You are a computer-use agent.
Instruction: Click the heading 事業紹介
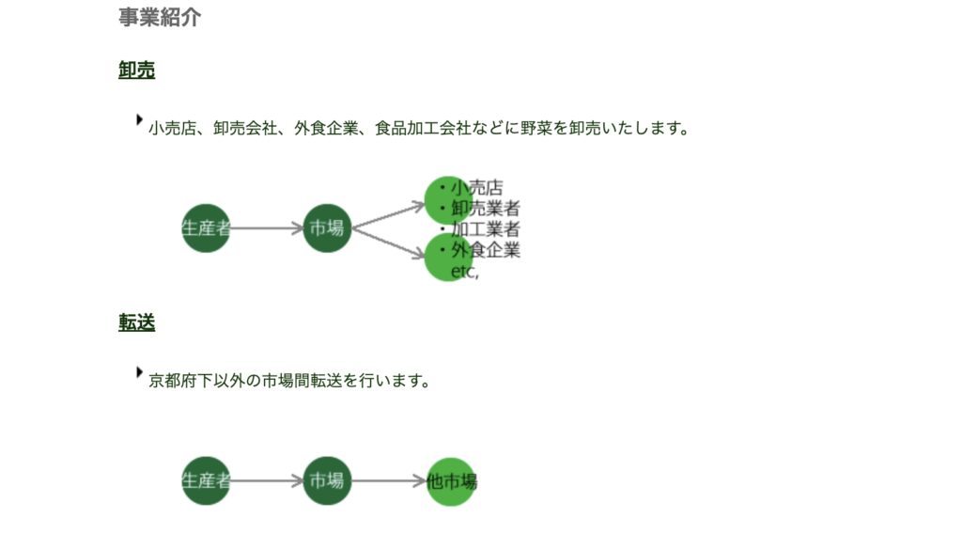(x=160, y=17)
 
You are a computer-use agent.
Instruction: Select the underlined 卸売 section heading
(x=137, y=70)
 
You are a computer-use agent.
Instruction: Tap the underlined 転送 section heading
(x=137, y=322)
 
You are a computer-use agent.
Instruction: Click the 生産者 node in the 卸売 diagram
(x=206, y=228)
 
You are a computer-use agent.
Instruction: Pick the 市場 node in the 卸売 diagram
(x=327, y=228)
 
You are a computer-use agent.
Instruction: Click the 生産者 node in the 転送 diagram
(x=206, y=480)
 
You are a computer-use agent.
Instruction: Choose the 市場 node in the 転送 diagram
(x=327, y=480)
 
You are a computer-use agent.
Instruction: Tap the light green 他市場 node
(x=451, y=481)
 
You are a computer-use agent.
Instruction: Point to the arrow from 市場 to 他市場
(x=388, y=480)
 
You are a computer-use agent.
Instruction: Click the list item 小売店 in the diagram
(x=476, y=187)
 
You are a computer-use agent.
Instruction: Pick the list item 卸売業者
(x=486, y=208)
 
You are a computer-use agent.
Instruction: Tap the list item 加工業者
(x=486, y=228)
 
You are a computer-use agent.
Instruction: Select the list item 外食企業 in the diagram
(x=486, y=250)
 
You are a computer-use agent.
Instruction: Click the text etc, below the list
(x=465, y=272)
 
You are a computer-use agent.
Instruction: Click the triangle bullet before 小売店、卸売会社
(x=140, y=119)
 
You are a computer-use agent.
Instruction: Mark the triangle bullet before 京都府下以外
(x=140, y=372)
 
